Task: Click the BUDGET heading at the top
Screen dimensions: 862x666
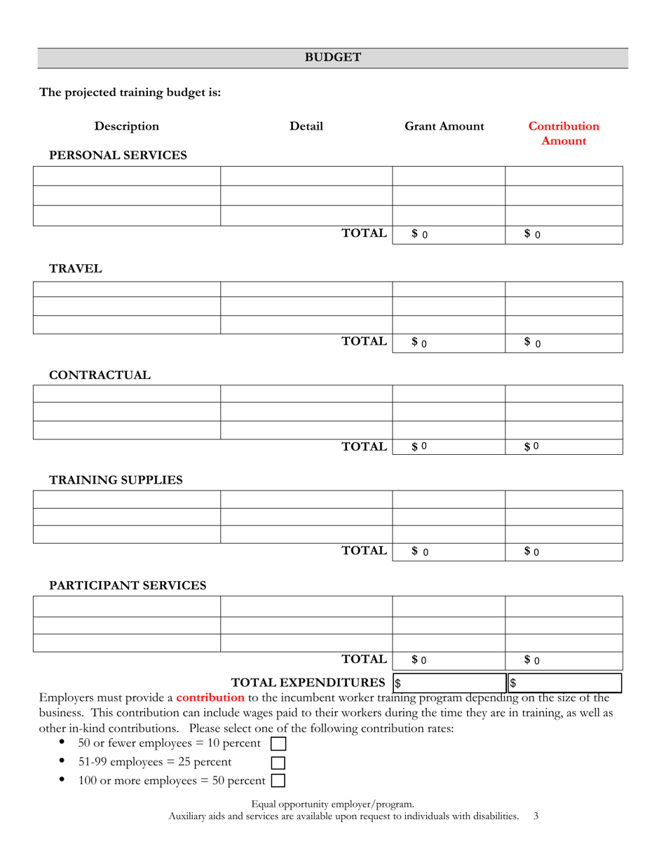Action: [332, 57]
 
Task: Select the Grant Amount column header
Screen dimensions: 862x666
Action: [444, 126]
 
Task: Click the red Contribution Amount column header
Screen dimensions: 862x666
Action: [564, 133]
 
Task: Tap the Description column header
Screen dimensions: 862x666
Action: [127, 126]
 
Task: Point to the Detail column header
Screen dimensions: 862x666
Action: [306, 126]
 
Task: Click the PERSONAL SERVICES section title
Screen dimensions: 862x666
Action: [118, 156]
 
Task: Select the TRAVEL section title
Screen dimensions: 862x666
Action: [76, 268]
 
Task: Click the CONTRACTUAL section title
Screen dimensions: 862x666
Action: [100, 376]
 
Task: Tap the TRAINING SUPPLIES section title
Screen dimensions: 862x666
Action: [116, 480]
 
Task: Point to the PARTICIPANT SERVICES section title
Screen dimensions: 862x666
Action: [128, 585]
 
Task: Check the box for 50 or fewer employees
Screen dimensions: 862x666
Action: [278, 744]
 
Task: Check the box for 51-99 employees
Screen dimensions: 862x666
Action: [278, 762]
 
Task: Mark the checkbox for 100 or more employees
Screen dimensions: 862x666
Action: [278, 781]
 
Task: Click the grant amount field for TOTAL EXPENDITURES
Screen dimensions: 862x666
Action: [449, 683]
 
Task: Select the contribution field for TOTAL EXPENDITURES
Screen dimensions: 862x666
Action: [564, 683]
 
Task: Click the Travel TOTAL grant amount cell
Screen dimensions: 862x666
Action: [449, 343]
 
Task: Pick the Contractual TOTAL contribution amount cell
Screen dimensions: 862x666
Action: [564, 446]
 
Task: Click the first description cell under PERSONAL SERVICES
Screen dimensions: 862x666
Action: [127, 176]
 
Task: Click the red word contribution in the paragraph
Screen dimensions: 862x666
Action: [210, 697]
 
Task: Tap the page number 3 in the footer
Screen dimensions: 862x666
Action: [536, 816]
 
